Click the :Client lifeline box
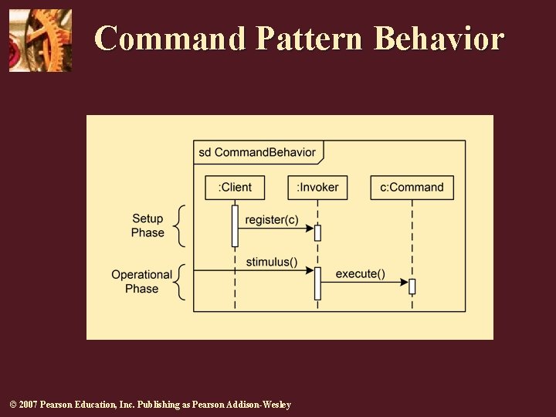235,187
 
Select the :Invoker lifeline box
317,187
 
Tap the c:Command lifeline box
412,187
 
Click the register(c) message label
271,220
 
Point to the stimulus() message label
272,262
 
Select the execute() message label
360,274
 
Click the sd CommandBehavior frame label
257,152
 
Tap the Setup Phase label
147,225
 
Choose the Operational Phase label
142,282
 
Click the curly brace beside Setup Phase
179,225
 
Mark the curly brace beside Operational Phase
179,282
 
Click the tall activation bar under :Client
235,225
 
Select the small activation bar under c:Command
412,286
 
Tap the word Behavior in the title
438,38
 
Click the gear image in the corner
40,40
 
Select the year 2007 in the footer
28,405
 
